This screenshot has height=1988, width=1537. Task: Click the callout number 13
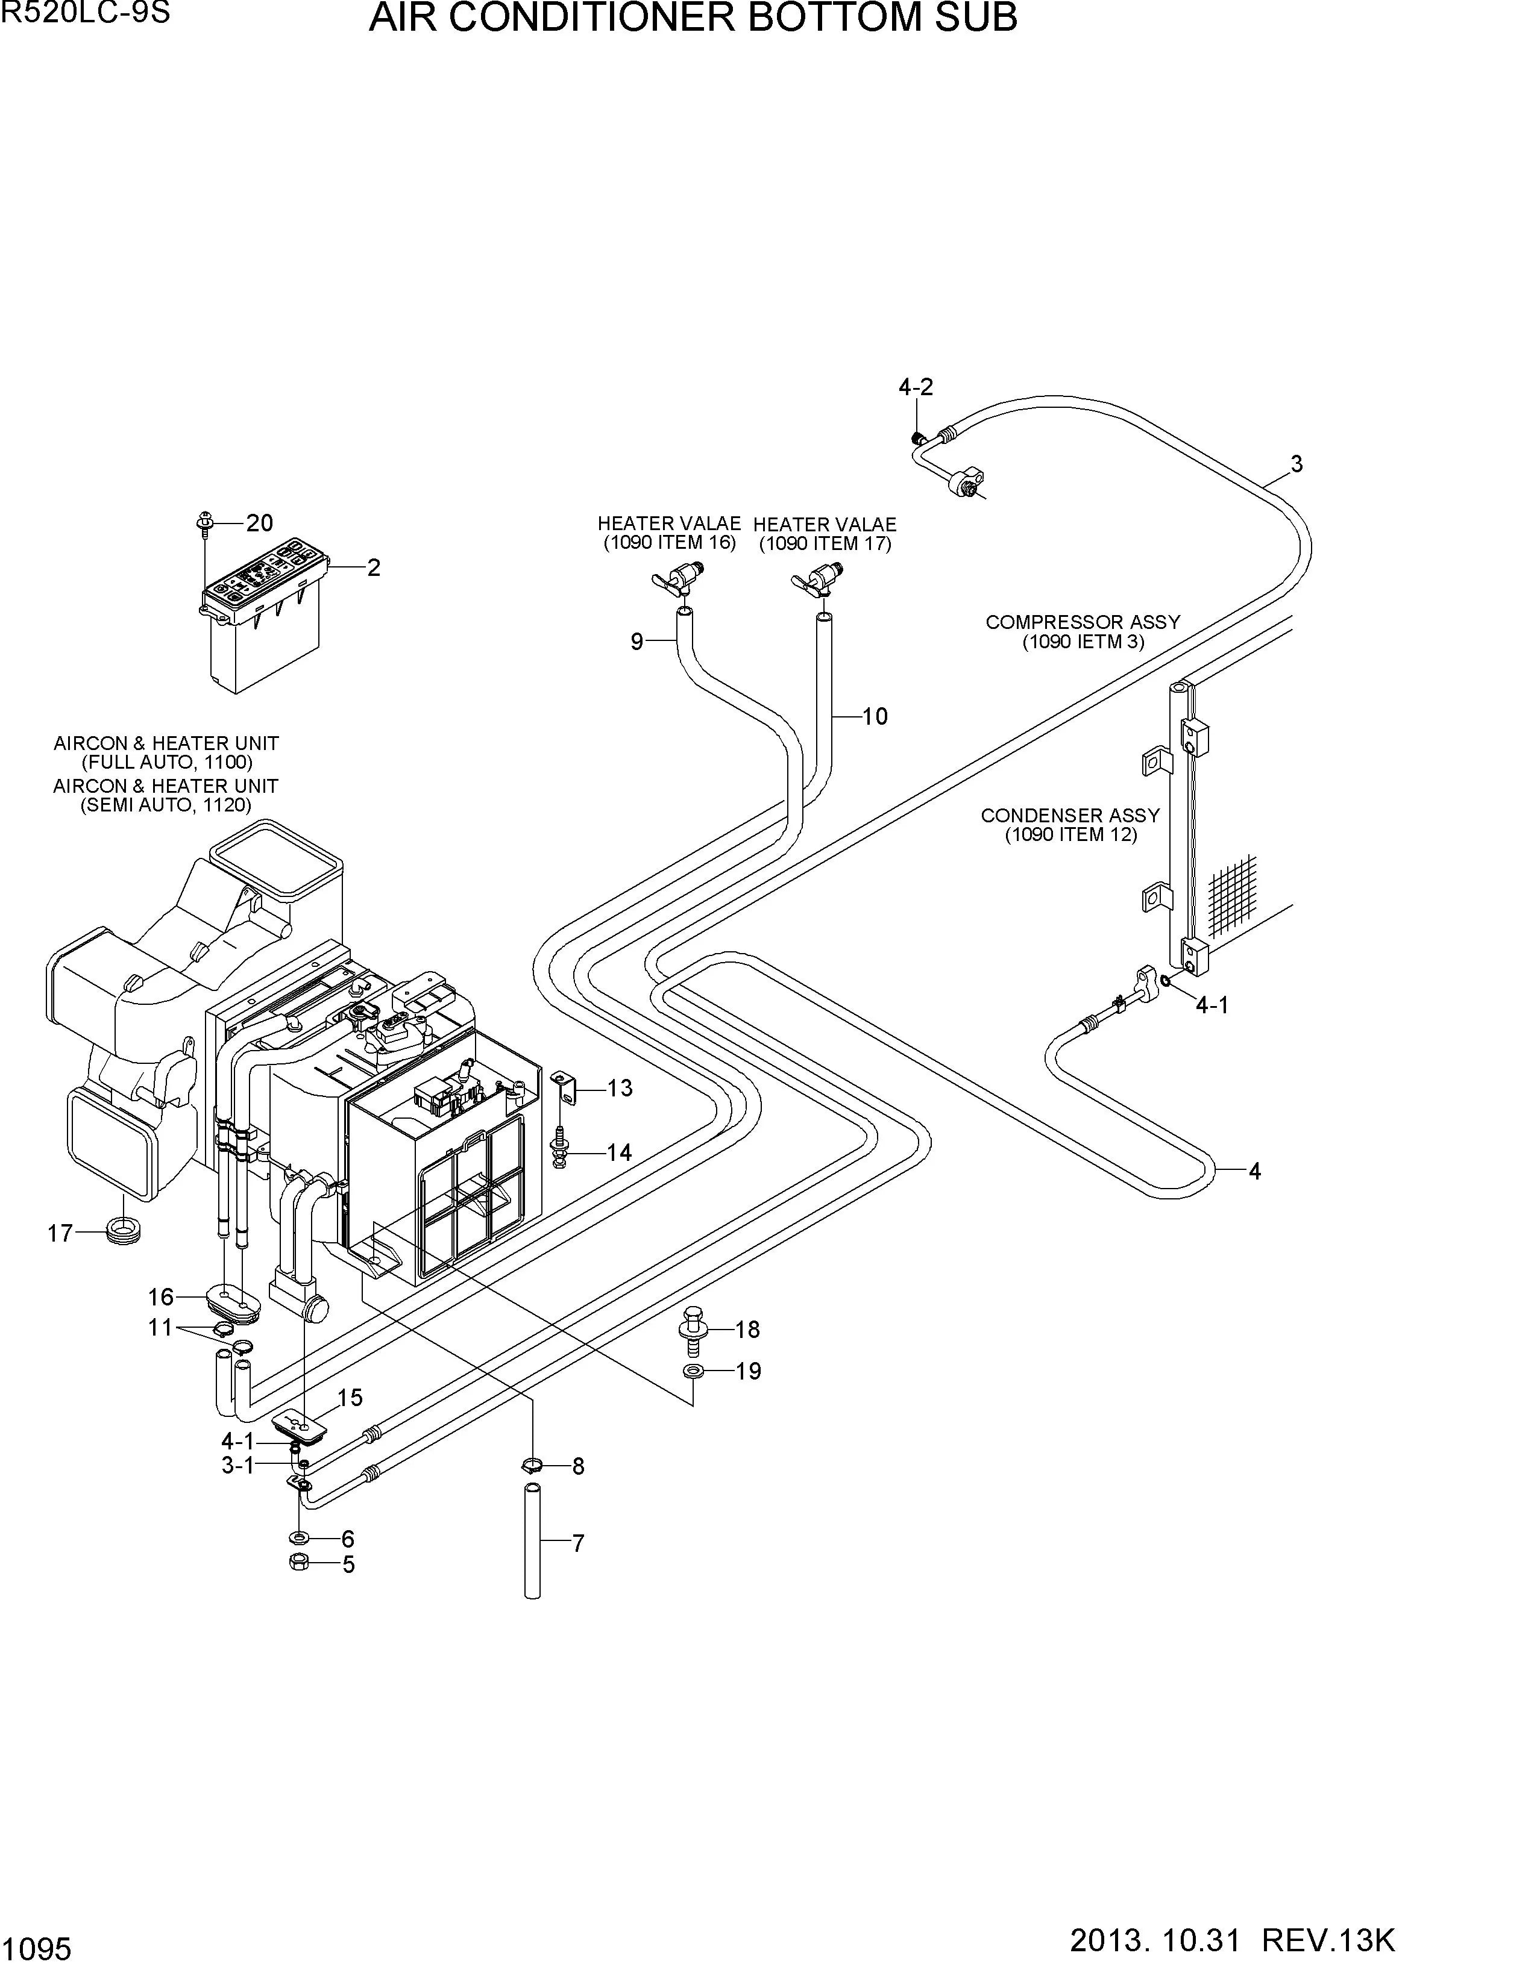620,1088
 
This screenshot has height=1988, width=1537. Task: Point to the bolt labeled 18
694,1331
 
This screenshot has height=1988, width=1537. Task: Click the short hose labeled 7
533,1540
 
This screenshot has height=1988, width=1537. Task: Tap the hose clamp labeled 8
533,1466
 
